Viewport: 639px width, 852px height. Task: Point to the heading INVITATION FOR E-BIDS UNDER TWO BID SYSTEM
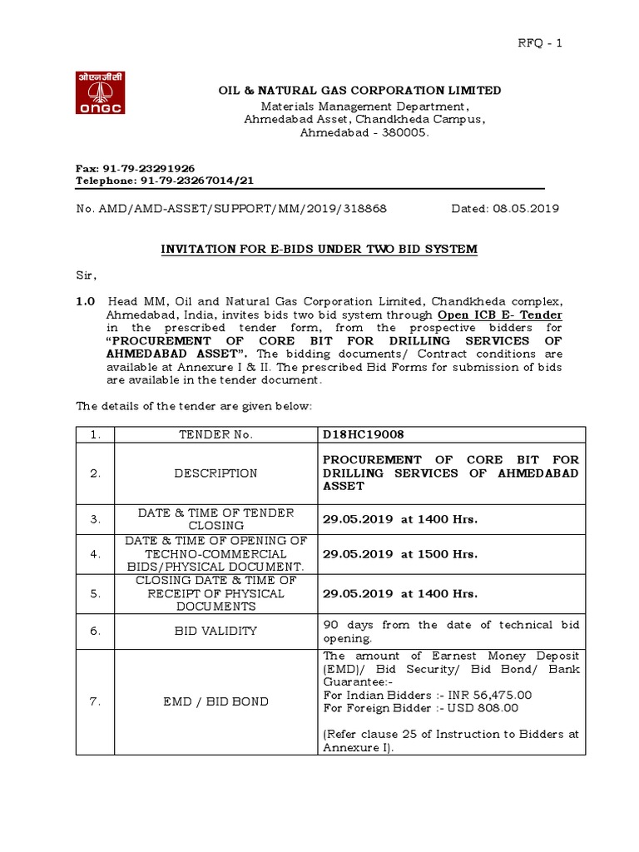[x=319, y=249]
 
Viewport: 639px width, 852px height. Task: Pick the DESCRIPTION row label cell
[x=215, y=473]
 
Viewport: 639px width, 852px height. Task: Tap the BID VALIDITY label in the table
[x=215, y=632]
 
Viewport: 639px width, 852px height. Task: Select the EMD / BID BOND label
[x=215, y=701]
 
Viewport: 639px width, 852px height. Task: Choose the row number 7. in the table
[x=96, y=701]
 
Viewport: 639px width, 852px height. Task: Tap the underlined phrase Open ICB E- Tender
[x=501, y=315]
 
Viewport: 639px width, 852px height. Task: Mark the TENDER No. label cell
[x=215, y=434]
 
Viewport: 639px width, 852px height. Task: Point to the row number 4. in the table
[x=96, y=553]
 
